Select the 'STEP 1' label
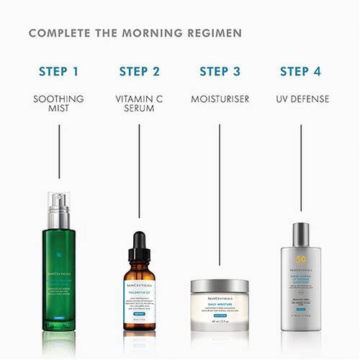click(59, 71)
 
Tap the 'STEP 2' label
click(140, 71)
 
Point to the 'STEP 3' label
click(220, 71)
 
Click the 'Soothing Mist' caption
click(59, 104)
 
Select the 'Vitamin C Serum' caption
click(140, 104)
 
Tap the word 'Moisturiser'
click(220, 99)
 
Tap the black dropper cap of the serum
click(140, 248)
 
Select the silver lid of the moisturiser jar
click(220, 287)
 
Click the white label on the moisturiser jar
click(220, 310)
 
